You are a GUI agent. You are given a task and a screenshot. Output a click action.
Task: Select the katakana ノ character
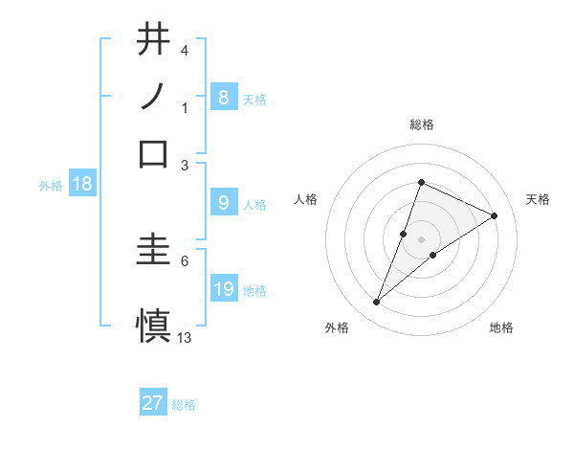click(154, 97)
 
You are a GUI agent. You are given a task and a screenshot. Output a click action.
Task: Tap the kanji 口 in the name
click(154, 154)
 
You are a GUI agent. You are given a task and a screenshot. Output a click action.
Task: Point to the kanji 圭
click(154, 251)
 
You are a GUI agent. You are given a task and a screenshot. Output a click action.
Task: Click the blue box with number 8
click(223, 98)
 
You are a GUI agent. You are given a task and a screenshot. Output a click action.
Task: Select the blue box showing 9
click(223, 203)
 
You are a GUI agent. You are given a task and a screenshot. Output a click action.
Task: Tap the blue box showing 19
click(223, 289)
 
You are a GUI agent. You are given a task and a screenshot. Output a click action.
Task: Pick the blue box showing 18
click(82, 184)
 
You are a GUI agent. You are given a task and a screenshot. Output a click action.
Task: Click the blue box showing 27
click(153, 403)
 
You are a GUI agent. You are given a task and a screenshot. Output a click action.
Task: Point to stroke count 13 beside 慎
click(185, 337)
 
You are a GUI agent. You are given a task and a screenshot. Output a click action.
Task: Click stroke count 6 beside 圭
click(185, 259)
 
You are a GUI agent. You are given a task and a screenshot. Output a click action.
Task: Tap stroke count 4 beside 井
click(185, 50)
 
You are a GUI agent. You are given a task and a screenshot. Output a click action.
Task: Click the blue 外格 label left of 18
click(51, 186)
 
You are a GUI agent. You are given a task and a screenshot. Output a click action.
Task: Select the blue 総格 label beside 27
click(184, 405)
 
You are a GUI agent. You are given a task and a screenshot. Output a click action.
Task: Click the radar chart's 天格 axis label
click(538, 199)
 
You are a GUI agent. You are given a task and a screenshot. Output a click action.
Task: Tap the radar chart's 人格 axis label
click(306, 199)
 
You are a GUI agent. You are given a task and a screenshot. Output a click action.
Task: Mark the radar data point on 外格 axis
click(377, 303)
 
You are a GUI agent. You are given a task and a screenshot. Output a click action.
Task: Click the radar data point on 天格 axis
click(495, 215)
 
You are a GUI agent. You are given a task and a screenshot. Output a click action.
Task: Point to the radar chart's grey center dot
click(421, 239)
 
